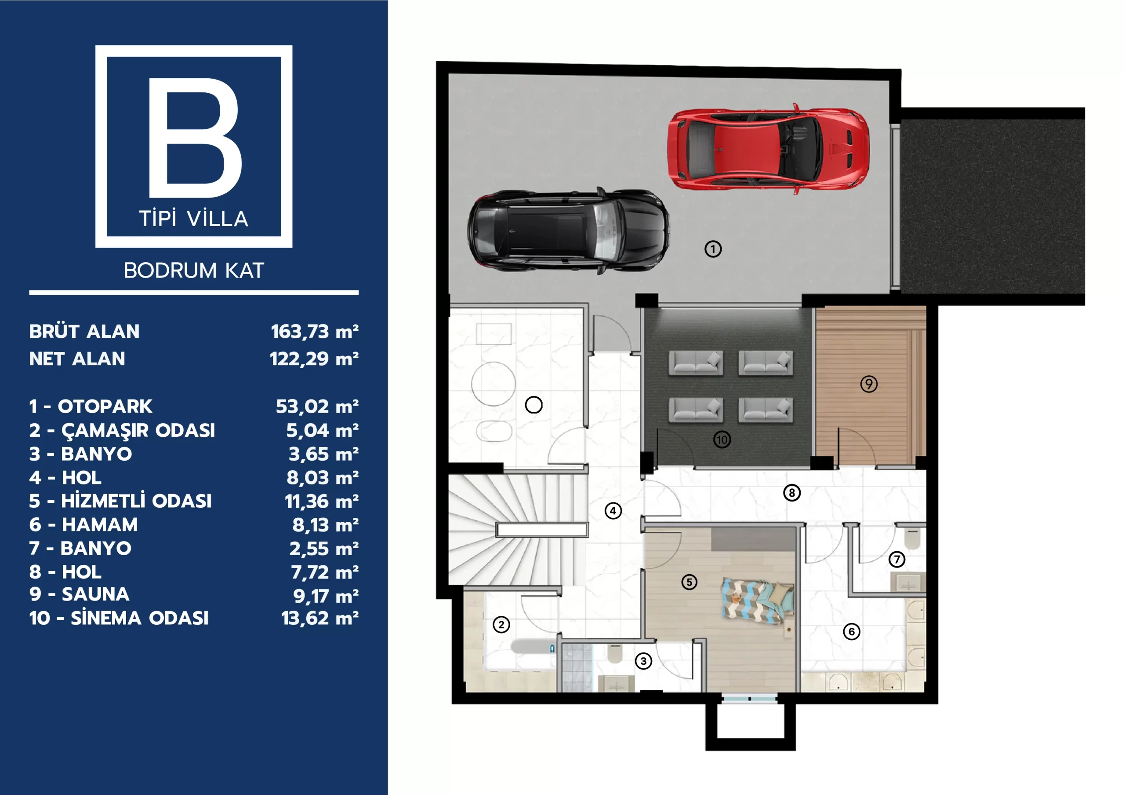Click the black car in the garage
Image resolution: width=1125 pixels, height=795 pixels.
568,230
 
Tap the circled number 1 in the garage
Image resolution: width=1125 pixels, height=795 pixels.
713,249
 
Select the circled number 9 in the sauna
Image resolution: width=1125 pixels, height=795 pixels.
869,384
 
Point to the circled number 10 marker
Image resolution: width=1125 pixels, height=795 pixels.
722,440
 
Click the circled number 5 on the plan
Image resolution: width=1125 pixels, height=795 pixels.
690,582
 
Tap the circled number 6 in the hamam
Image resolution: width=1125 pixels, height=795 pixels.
852,632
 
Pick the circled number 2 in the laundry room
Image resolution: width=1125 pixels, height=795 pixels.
501,625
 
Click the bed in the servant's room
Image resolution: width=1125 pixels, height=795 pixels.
758,602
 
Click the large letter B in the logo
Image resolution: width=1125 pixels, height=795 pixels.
195,137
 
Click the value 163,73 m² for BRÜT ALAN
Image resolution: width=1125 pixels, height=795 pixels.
315,332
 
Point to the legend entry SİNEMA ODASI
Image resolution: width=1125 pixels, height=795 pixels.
140,618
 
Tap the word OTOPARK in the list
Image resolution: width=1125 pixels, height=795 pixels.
105,407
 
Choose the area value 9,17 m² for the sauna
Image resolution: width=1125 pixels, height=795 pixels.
326,596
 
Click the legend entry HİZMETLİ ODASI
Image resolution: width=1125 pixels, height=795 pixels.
136,501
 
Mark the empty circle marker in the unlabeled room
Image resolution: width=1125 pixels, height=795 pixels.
533,405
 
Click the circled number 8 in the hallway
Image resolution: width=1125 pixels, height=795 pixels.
792,492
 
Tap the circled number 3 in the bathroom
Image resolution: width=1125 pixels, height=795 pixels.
643,661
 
